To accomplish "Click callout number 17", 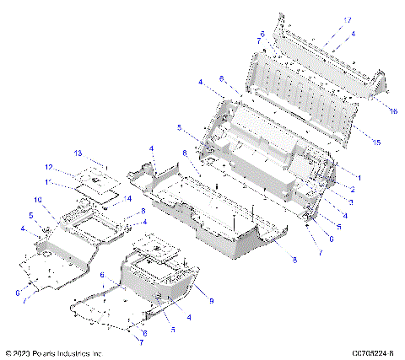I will point(348,19).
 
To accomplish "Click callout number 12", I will point(49,166).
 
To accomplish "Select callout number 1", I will point(359,179).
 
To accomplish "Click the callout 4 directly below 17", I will point(353,33).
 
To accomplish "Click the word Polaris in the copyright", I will point(49,353).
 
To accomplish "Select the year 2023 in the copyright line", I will point(24,353).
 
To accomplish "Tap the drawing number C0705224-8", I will point(369,353).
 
